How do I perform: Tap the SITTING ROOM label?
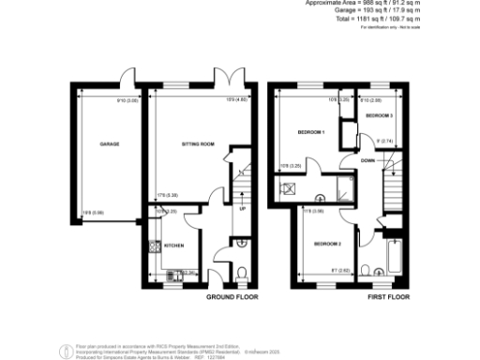click(x=198, y=144)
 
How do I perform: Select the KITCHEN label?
click(x=173, y=246)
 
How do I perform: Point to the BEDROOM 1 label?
click(x=310, y=132)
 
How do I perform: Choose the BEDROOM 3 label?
click(x=378, y=115)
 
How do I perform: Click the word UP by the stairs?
click(x=242, y=209)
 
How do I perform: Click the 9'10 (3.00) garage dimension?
click(x=127, y=99)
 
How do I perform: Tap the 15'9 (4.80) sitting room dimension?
click(x=236, y=99)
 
